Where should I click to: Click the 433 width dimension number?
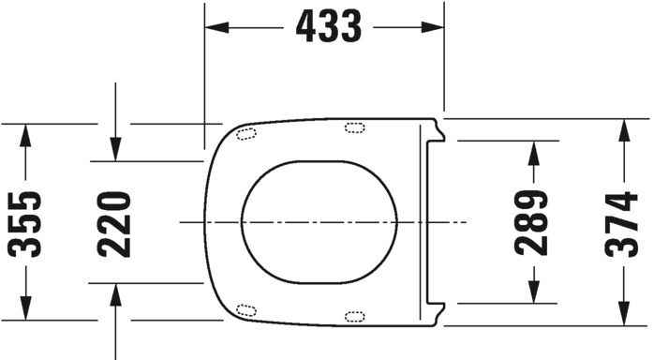(327, 28)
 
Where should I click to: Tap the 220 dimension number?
(113, 223)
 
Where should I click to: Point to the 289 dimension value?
(532, 223)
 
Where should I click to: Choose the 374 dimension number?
(622, 223)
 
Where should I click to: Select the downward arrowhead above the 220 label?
(113, 149)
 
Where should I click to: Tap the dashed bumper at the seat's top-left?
(247, 133)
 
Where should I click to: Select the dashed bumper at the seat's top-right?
(356, 127)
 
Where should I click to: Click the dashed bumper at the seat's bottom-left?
(247, 310)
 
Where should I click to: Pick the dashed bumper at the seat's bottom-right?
(356, 316)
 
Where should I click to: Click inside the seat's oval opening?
(319, 222)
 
